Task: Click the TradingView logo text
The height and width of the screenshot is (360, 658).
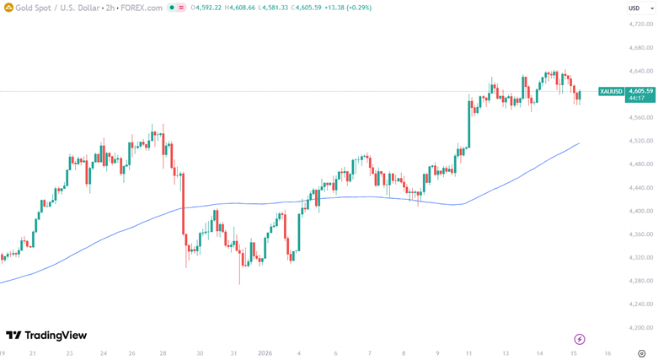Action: click(56, 335)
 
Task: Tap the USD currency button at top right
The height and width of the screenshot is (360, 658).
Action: click(634, 8)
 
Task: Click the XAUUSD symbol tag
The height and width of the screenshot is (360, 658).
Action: click(611, 91)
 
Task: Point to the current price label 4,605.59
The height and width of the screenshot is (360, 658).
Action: click(640, 91)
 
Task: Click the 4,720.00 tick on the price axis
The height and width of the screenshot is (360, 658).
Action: click(640, 24)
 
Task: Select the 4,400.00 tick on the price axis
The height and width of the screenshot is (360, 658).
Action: click(640, 211)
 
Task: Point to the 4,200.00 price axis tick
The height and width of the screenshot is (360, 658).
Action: click(640, 327)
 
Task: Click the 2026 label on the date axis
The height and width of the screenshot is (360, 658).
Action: click(265, 353)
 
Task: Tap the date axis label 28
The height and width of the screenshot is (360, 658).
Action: click(163, 353)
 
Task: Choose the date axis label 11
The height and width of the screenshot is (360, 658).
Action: click(468, 353)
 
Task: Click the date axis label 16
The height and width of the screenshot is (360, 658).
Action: click(607, 353)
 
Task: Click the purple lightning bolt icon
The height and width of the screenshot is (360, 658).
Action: click(579, 339)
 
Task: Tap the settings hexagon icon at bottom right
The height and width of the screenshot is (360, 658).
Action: click(641, 353)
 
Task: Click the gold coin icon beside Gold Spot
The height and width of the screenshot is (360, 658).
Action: click(8, 8)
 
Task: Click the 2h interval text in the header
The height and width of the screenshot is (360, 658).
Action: click(110, 8)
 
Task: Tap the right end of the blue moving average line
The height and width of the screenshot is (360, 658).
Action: click(579, 143)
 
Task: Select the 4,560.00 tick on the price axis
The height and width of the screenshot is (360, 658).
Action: click(640, 117)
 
